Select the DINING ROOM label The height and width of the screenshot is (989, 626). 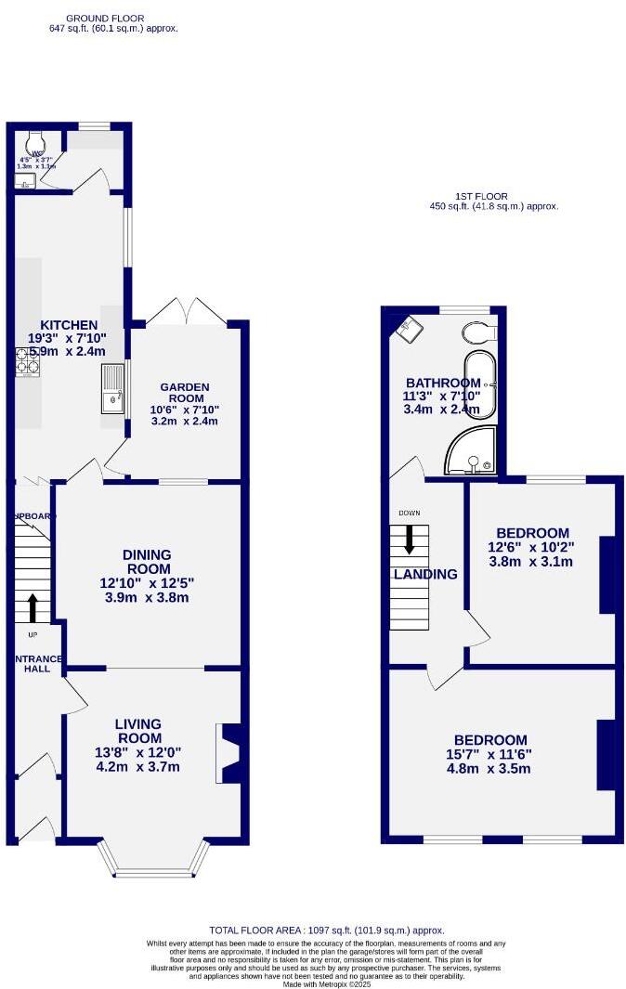147,561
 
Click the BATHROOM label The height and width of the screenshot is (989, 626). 443,384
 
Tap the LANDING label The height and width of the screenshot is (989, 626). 426,574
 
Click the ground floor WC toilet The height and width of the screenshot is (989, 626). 37,140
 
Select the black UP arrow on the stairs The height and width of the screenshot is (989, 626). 33,608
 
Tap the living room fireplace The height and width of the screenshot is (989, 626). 228,752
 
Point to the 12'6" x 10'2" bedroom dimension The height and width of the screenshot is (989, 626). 532,548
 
